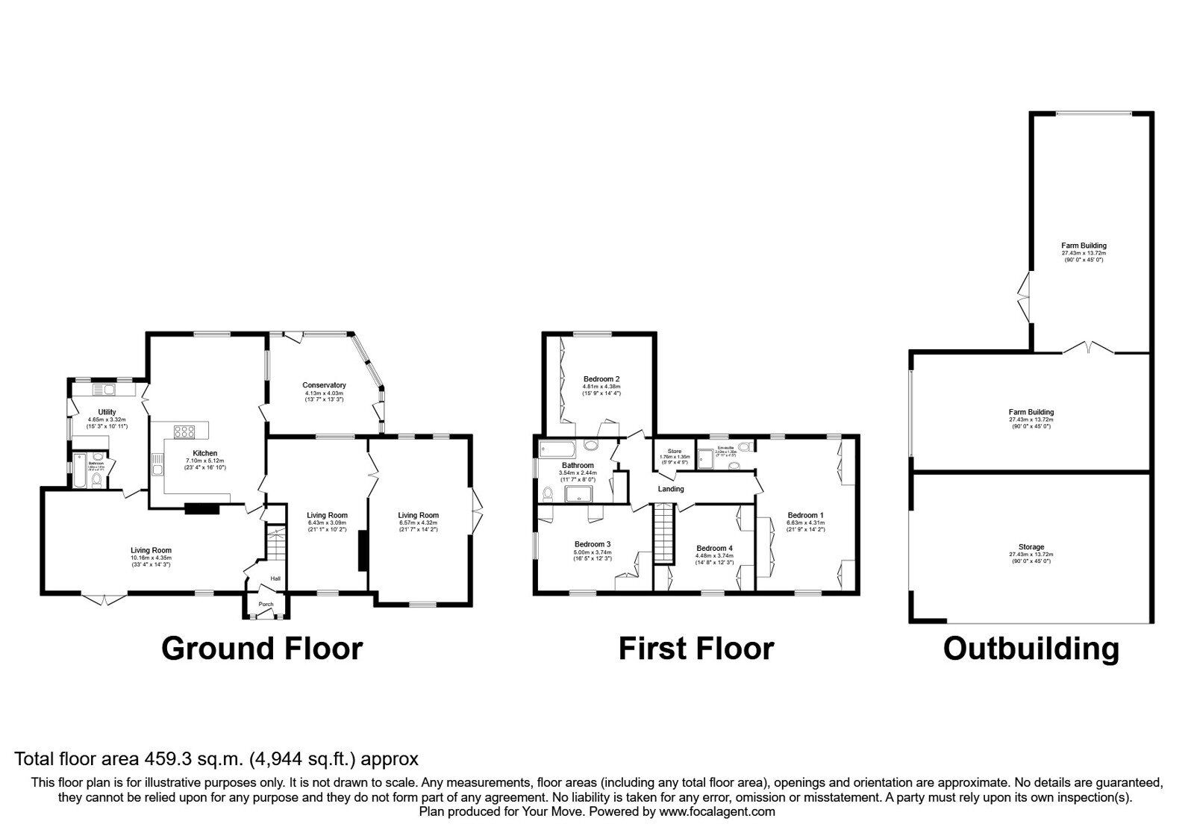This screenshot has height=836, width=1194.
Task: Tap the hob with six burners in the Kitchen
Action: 184,431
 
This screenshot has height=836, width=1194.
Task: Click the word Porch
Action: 266,605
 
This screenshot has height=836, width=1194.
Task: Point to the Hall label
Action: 275,578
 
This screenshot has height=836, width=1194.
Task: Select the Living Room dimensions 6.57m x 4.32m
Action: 418,524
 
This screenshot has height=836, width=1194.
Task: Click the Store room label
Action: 674,451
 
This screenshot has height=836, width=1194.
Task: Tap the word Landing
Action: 671,489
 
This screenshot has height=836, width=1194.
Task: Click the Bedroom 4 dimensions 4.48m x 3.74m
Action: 714,555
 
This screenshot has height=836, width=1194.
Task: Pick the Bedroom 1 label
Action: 805,515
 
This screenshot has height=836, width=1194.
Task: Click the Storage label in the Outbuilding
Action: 1031,547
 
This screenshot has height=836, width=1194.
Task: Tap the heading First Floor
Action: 696,648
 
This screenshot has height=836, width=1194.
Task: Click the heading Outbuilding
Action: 1031,648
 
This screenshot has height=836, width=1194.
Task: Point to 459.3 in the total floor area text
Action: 163,759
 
